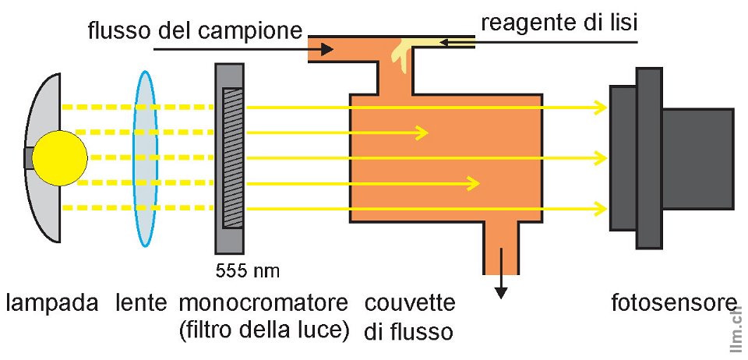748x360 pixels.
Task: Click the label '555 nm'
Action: [245, 271]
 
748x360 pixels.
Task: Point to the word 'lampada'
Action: [52, 302]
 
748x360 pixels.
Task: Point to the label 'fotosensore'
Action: [674, 302]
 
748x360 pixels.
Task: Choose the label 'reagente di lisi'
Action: [559, 23]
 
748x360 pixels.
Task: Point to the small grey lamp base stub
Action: [28, 157]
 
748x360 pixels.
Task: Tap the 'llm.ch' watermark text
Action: [737, 330]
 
